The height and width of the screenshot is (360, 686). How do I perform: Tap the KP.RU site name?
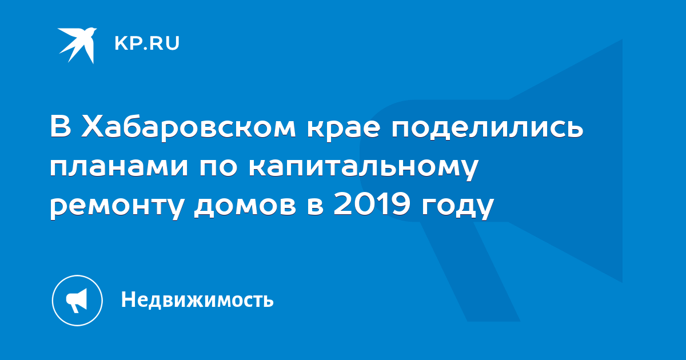(147, 43)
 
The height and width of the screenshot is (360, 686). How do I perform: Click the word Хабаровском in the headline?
(188, 126)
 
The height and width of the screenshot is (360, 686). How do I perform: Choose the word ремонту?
(117, 207)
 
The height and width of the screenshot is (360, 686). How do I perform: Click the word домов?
(245, 206)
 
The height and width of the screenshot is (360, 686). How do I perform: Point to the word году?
(457, 207)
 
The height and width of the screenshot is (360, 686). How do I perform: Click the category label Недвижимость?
(197, 300)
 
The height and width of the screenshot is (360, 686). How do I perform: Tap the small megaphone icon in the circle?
(77, 301)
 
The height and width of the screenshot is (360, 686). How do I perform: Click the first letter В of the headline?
(61, 126)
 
